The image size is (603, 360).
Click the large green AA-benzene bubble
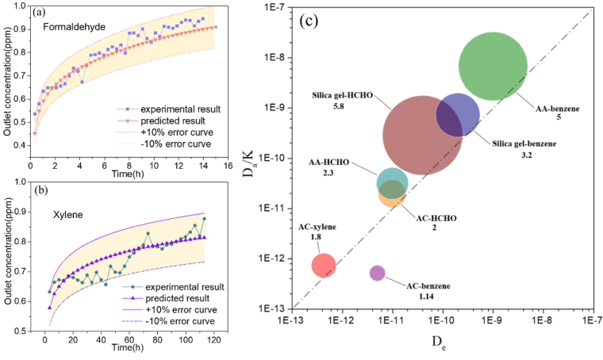pos(493,67)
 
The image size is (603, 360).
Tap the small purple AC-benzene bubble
pos(377,273)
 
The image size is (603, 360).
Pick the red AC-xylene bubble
pos(323,264)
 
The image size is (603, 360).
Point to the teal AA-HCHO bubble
pos(392,182)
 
